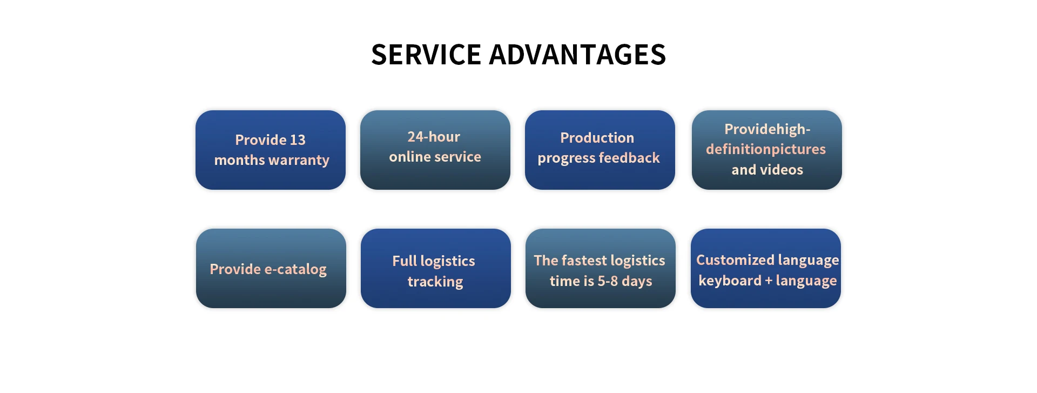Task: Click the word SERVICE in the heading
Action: tap(426, 55)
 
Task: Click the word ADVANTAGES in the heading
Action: tap(577, 55)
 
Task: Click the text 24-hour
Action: tap(434, 137)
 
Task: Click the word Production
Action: tap(597, 138)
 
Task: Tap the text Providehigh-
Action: tap(767, 129)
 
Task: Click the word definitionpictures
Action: tap(766, 149)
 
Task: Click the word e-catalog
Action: tap(296, 269)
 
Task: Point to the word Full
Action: tap(405, 261)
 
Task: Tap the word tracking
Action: tap(435, 282)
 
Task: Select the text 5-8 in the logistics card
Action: tap(608, 281)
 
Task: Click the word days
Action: tap(637, 281)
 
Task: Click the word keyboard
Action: tap(730, 281)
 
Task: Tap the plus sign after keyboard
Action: tap(769, 281)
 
